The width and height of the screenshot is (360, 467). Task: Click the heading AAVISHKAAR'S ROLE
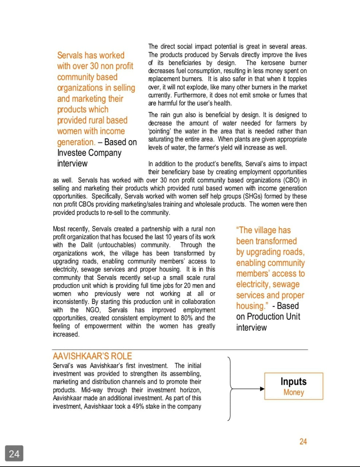click(92, 356)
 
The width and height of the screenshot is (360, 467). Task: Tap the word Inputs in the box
click(293, 381)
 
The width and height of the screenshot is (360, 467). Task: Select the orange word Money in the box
click(293, 392)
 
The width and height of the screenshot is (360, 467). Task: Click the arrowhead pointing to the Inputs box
click(262, 389)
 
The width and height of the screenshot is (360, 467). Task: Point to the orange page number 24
click(303, 441)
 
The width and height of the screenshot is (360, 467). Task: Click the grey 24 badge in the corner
click(14, 454)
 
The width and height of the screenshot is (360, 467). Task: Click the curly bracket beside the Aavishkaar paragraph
click(230, 389)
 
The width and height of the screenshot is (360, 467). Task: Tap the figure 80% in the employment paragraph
click(186, 318)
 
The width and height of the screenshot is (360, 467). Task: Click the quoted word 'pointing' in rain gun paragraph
click(159, 131)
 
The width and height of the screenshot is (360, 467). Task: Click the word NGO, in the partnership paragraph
click(93, 310)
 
